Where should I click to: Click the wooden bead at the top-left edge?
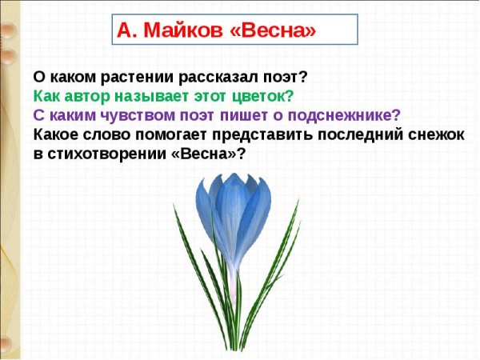pyautogui.click(x=7, y=32)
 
